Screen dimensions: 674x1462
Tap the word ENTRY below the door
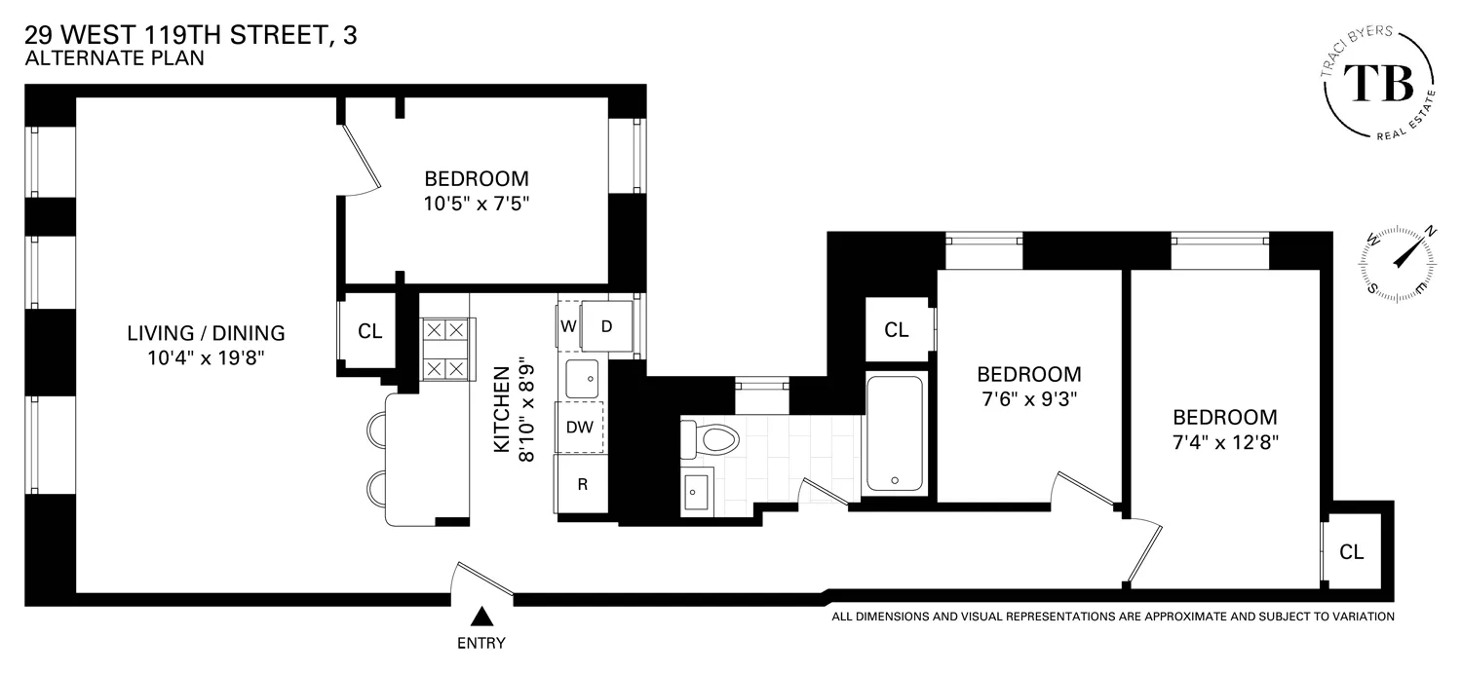[481, 643]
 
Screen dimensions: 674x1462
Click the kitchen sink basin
[582, 378]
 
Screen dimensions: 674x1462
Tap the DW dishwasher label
[580, 427]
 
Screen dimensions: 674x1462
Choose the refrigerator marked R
[582, 484]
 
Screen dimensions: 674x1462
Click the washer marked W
[567, 325]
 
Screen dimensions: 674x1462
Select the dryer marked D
[606, 326]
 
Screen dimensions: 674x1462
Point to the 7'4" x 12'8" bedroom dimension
[1225, 440]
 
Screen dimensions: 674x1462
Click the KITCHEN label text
[502, 410]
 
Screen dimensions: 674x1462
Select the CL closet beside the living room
[369, 331]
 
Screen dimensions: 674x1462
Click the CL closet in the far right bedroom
[1351, 552]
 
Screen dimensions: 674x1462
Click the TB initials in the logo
[1378, 83]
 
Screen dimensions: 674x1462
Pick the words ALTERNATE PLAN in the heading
[115, 58]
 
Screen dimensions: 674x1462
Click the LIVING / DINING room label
[207, 333]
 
